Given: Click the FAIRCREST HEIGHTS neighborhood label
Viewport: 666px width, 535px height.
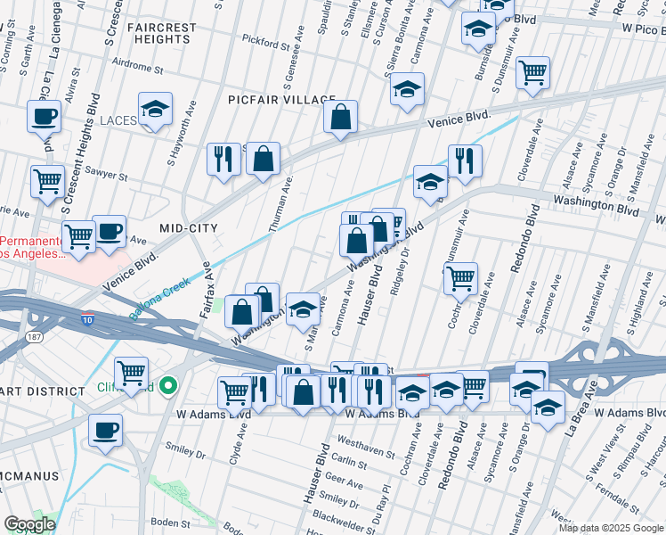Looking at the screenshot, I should coord(161,34).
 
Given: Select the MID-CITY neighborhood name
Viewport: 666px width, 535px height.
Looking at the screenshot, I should coord(188,229).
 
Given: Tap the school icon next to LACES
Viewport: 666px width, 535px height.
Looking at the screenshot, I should coord(156,110).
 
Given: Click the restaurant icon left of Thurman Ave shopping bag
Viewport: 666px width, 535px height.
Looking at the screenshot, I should coord(222,160).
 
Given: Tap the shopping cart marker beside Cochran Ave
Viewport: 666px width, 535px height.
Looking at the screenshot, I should coord(460,278).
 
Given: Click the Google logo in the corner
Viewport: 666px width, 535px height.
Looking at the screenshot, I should coord(29,523).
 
